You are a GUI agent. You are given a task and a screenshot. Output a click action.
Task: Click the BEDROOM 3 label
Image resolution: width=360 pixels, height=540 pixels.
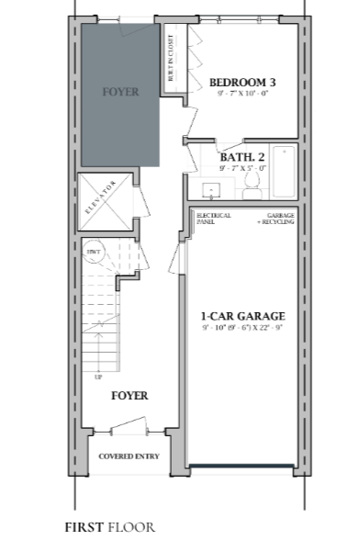click(242, 82)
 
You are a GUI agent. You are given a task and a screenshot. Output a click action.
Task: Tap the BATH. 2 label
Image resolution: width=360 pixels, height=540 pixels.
click(242, 157)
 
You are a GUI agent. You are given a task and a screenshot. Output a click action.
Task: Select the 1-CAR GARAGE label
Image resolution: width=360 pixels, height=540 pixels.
click(242, 315)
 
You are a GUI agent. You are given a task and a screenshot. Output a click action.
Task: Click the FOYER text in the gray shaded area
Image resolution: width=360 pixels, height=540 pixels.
click(120, 92)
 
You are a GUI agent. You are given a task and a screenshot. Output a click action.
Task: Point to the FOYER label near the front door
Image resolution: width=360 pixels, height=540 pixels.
click(129, 396)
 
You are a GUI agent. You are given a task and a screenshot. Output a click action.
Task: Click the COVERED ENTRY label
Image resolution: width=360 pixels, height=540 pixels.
click(129, 456)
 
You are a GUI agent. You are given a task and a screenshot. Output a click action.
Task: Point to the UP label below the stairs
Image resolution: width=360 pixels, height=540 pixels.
click(98, 377)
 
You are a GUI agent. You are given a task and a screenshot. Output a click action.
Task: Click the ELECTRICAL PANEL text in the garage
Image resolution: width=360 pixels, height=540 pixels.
click(208, 219)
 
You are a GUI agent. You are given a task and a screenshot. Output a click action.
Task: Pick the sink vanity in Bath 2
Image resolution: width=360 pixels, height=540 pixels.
click(212, 190)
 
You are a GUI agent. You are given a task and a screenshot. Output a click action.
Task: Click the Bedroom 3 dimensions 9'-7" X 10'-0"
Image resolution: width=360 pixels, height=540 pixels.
click(242, 94)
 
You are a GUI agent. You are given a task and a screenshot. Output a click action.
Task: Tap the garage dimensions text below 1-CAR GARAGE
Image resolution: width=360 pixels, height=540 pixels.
click(242, 328)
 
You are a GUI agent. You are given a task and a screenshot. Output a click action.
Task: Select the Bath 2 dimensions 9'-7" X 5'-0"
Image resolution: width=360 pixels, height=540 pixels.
click(242, 169)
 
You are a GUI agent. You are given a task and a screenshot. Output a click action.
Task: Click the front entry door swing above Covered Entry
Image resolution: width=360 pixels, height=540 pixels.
click(129, 425)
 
